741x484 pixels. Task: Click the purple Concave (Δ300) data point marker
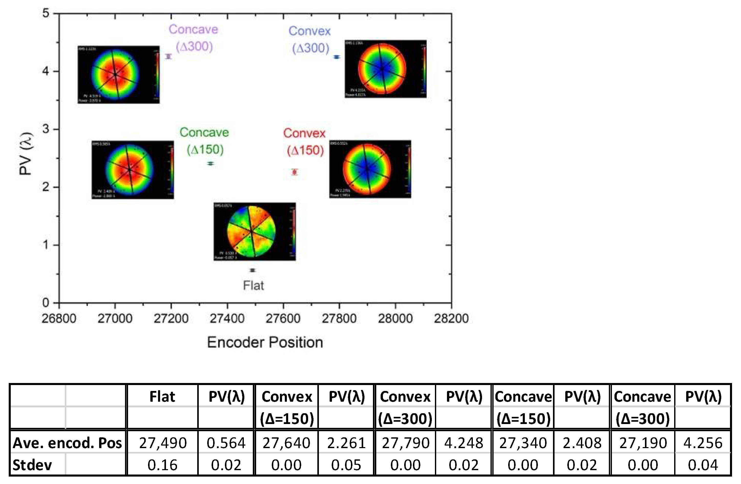tap(169, 56)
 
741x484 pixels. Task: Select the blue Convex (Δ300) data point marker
tap(337, 57)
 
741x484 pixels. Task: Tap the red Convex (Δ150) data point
tap(295, 172)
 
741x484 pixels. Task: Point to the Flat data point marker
tap(253, 270)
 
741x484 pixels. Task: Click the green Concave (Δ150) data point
tap(211, 164)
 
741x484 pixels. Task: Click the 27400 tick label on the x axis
tap(227, 318)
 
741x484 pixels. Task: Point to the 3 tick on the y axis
tap(46, 129)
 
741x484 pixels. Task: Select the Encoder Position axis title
tap(265, 342)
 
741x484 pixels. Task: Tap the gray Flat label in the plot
tap(253, 286)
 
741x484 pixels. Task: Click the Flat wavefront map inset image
tap(254, 231)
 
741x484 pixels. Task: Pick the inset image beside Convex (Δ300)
tap(385, 69)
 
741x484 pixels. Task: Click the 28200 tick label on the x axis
tap(451, 318)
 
